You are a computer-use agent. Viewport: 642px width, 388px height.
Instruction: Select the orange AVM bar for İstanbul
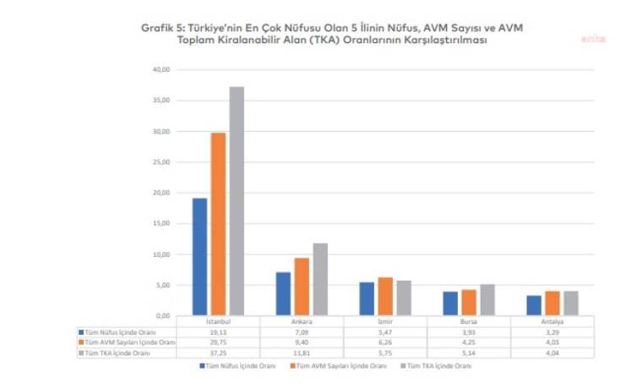(218, 224)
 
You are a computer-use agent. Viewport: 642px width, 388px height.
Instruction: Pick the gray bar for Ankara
(320, 279)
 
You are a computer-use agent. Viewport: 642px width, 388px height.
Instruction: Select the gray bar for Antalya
(571, 303)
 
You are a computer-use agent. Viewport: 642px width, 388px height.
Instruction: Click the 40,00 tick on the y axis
(160, 70)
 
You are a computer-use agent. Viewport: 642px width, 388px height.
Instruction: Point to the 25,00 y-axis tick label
(160, 162)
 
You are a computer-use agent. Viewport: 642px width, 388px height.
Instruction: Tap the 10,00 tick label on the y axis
(160, 254)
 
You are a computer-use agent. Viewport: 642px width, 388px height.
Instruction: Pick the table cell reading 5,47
(385, 332)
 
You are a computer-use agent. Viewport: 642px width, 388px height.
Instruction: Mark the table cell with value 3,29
(552, 332)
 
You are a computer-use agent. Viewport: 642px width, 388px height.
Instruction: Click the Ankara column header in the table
(302, 322)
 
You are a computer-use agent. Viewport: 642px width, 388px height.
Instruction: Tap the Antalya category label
(552, 322)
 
